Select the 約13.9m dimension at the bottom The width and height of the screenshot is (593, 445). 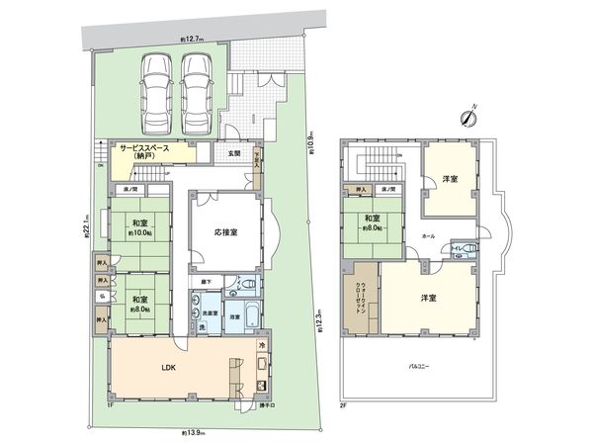pyautogui.click(x=195, y=432)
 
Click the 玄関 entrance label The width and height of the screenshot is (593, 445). pyautogui.click(x=233, y=154)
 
